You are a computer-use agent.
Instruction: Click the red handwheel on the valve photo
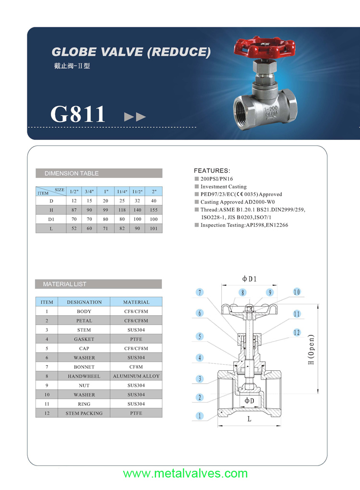coord(264,48)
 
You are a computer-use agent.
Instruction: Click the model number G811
coord(78,114)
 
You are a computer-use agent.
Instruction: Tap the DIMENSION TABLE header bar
coord(99,173)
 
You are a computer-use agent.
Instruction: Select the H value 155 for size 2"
coord(154,210)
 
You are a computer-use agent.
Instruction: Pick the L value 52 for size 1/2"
coord(74,229)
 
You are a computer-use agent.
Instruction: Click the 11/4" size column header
coord(122,192)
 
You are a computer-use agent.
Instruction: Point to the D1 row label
coord(51,220)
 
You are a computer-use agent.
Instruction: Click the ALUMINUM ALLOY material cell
coord(136,376)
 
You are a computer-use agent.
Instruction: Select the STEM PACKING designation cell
coord(84,413)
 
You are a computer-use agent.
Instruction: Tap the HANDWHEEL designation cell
coord(84,376)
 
